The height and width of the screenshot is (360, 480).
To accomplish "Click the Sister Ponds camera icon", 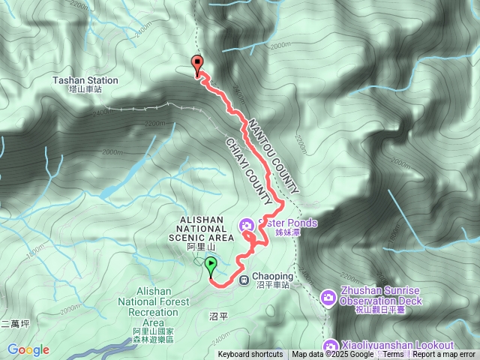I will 246,223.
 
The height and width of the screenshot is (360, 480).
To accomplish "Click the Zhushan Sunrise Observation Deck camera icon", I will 328,298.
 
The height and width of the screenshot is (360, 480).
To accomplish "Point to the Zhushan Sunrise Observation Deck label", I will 380,295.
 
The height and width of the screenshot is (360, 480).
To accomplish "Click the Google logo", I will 28,349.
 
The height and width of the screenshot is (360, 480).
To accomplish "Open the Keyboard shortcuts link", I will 250,355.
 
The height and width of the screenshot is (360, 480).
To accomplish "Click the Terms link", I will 393,355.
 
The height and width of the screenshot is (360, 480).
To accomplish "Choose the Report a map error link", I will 444,355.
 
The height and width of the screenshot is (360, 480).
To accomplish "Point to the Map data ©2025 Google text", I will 332,355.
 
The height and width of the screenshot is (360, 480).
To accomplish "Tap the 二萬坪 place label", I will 15,324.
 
